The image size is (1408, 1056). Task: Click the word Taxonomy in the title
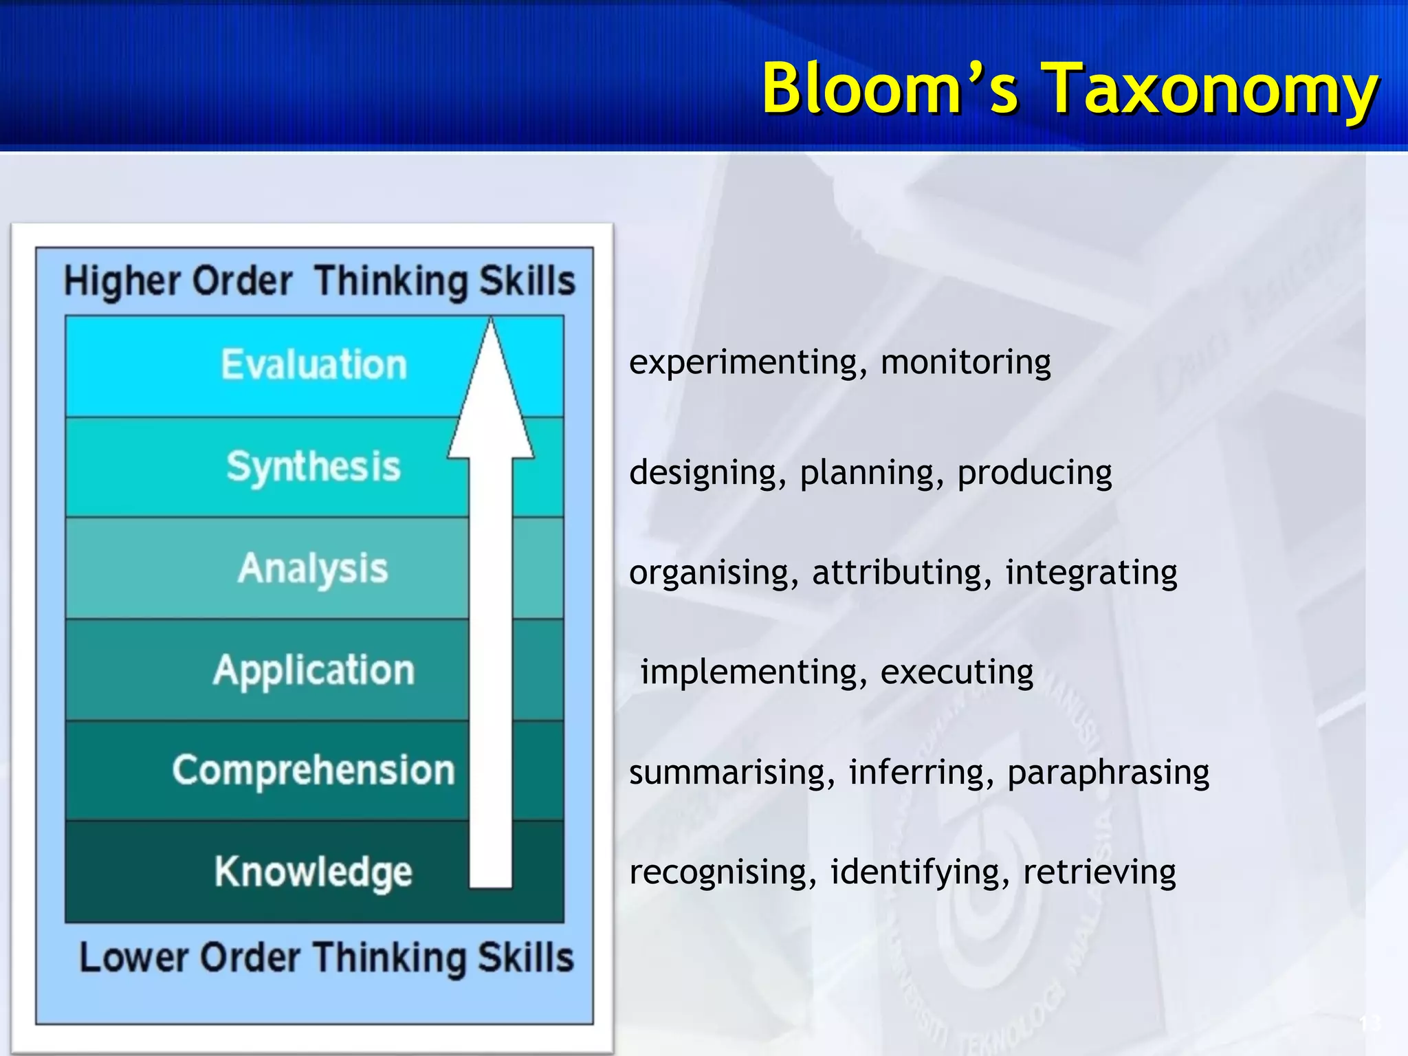click(x=1211, y=89)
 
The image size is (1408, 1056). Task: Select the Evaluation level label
click(x=314, y=364)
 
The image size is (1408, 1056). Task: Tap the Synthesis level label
click(x=313, y=467)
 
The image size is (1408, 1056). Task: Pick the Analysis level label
click(x=313, y=569)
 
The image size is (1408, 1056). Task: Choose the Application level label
click(x=314, y=670)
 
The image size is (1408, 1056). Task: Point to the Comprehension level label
click(x=313, y=770)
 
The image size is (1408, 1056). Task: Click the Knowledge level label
click(x=313, y=872)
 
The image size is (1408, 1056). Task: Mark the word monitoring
click(x=965, y=362)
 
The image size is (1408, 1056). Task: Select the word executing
click(x=956, y=672)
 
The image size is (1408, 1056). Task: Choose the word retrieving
click(x=1099, y=872)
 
